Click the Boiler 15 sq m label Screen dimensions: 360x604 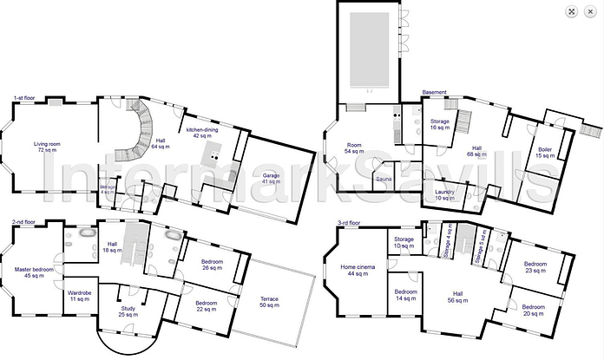pos(544,153)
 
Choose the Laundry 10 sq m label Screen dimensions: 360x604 pos(444,193)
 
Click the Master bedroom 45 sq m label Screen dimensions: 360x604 pos(35,273)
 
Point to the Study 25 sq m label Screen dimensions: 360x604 pos(128,311)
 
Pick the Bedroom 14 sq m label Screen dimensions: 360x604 pos(404,295)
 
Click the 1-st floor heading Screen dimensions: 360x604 pos(23,98)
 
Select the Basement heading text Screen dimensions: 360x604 pos(434,92)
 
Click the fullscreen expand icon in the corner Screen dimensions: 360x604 pos(572,11)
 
